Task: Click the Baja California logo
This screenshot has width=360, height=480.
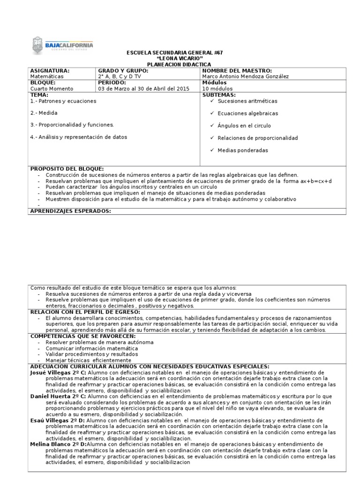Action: pyautogui.click(x=63, y=45)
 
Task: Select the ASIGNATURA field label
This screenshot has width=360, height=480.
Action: pyautogui.click(x=50, y=70)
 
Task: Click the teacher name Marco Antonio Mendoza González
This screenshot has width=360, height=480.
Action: pyautogui.click(x=246, y=76)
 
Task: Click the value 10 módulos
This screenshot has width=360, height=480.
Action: pyautogui.click(x=217, y=88)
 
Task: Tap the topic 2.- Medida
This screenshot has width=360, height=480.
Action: pyautogui.click(x=45, y=113)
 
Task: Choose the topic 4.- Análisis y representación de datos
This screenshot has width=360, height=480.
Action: pyautogui.click(x=78, y=137)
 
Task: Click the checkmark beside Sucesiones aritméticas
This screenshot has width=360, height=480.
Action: pyautogui.click(x=213, y=101)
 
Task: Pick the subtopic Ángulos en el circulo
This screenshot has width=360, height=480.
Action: pyautogui.click(x=244, y=126)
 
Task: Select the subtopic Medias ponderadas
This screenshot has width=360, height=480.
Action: pyautogui.click(x=243, y=150)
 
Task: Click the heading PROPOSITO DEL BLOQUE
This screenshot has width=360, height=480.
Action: pyautogui.click(x=67, y=169)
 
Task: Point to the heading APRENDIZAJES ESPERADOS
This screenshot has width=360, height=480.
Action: pyautogui.click(x=70, y=211)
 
